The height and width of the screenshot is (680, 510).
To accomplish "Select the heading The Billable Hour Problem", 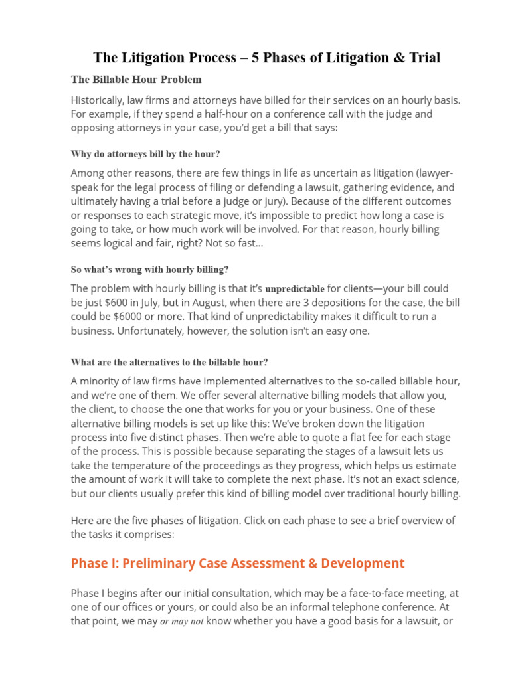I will (136, 80).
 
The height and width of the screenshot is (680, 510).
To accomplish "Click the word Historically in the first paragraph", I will (100, 100).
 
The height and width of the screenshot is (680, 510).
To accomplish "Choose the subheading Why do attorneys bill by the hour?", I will (145, 154).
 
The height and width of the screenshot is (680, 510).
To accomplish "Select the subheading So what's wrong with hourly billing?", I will (149, 270).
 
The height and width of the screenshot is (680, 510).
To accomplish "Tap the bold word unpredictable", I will (295, 289).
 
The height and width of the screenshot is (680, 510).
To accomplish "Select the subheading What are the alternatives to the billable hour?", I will (169, 363).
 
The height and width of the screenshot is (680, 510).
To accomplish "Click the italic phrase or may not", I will (181, 622).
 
